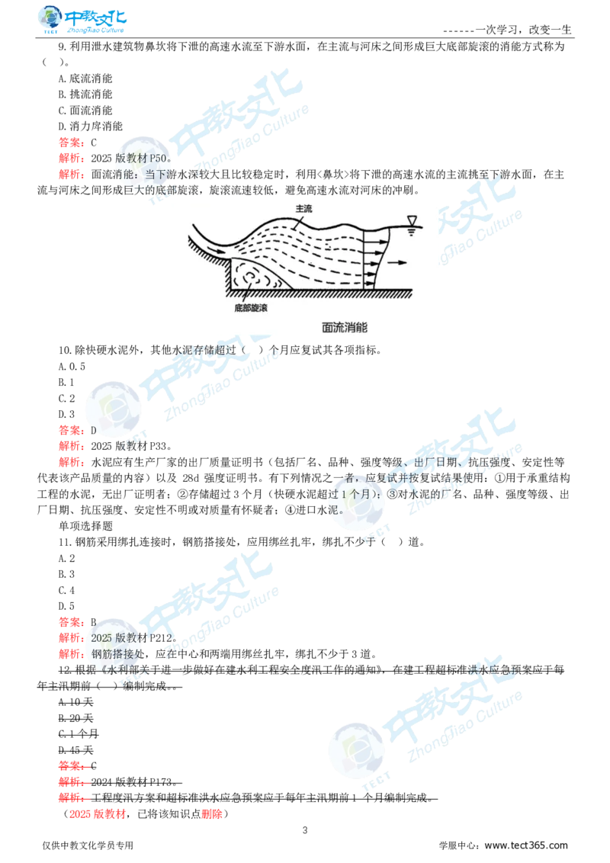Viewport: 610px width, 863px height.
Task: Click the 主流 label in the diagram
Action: tap(303, 208)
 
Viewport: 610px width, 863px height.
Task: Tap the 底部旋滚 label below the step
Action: tap(250, 309)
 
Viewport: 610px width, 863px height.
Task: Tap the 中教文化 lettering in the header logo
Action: tap(98, 17)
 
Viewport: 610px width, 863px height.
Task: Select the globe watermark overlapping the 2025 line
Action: tap(114, 640)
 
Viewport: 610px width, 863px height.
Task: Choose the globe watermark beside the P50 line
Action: tap(137, 160)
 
